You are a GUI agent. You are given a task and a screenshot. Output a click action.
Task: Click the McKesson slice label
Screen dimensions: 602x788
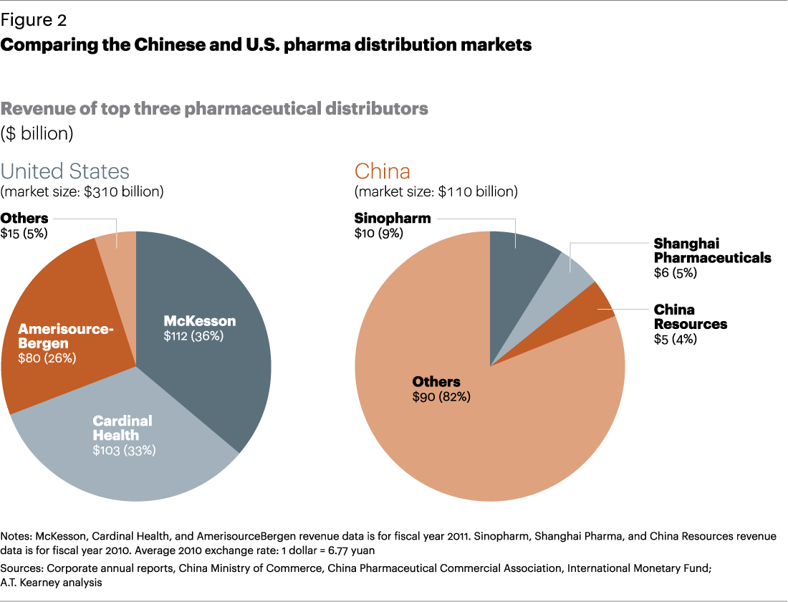tap(200, 320)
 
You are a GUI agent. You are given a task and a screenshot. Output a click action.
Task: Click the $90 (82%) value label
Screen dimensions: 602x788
tap(441, 396)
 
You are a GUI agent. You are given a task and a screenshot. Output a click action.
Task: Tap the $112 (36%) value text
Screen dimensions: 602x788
tap(193, 335)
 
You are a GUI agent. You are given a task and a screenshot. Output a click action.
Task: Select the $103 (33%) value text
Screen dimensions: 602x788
tap(124, 450)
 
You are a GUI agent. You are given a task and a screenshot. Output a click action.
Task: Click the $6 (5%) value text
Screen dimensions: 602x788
tap(676, 273)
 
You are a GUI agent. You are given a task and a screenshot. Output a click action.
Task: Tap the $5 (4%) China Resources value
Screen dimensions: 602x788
tap(676, 339)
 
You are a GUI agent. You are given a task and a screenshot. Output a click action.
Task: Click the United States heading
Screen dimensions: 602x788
tap(65, 171)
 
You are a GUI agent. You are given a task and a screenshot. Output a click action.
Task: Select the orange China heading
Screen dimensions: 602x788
tap(383, 171)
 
